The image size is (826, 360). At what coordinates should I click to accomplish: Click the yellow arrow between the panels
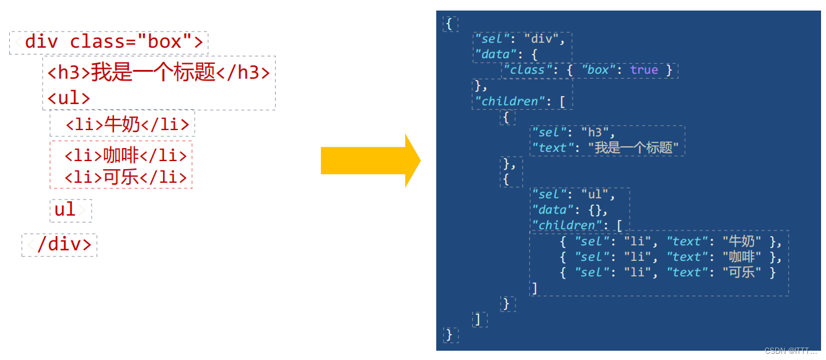point(370,161)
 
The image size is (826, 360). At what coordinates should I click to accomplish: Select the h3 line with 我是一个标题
point(159,73)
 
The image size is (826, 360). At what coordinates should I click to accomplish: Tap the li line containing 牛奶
point(127,124)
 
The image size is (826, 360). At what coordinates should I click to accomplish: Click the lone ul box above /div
point(65,209)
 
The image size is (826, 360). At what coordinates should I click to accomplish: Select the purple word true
point(644,70)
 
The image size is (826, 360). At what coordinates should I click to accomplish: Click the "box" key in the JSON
point(597,70)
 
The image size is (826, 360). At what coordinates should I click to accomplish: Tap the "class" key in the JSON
point(527,70)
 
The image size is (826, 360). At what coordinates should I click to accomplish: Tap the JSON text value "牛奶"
point(742,242)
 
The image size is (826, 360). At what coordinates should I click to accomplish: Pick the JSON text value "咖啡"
point(742,257)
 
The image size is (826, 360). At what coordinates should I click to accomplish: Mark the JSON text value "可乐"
point(742,273)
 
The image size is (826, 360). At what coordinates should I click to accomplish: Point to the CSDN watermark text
point(791,351)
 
